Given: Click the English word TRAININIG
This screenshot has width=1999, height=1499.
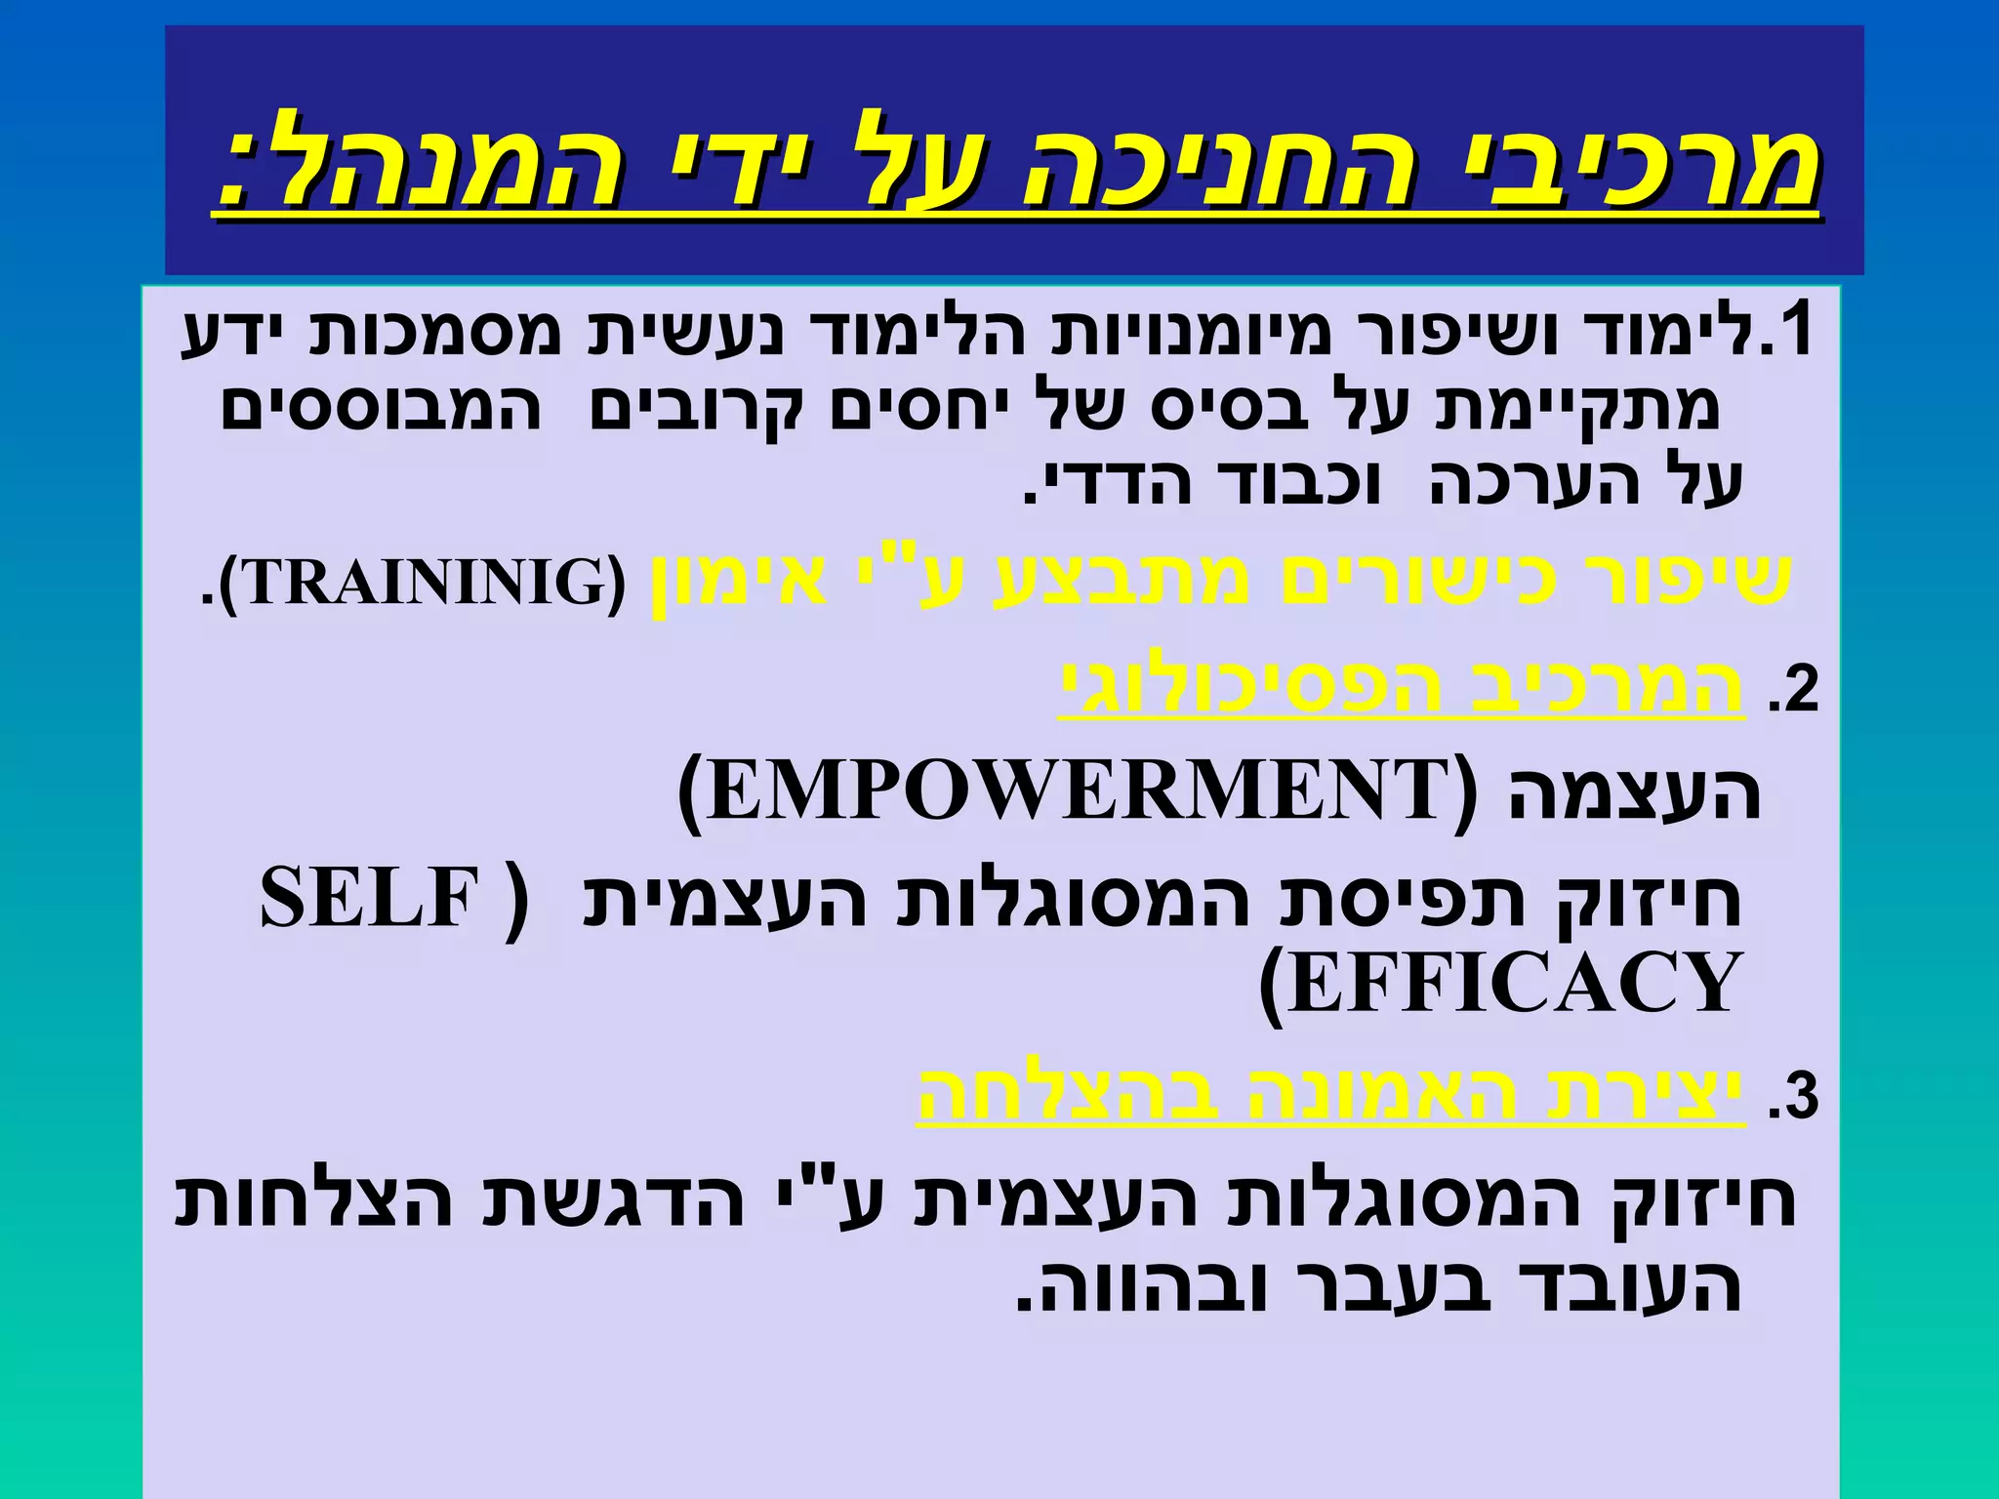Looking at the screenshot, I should (x=422, y=583).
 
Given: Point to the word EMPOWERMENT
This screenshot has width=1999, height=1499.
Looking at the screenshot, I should (x=1074, y=791).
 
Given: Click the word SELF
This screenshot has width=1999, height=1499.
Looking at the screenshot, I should (x=371, y=899).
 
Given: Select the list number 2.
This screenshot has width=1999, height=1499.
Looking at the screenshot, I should (x=1794, y=691).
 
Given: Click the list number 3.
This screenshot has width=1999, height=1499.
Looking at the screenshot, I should (x=1794, y=1098).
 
